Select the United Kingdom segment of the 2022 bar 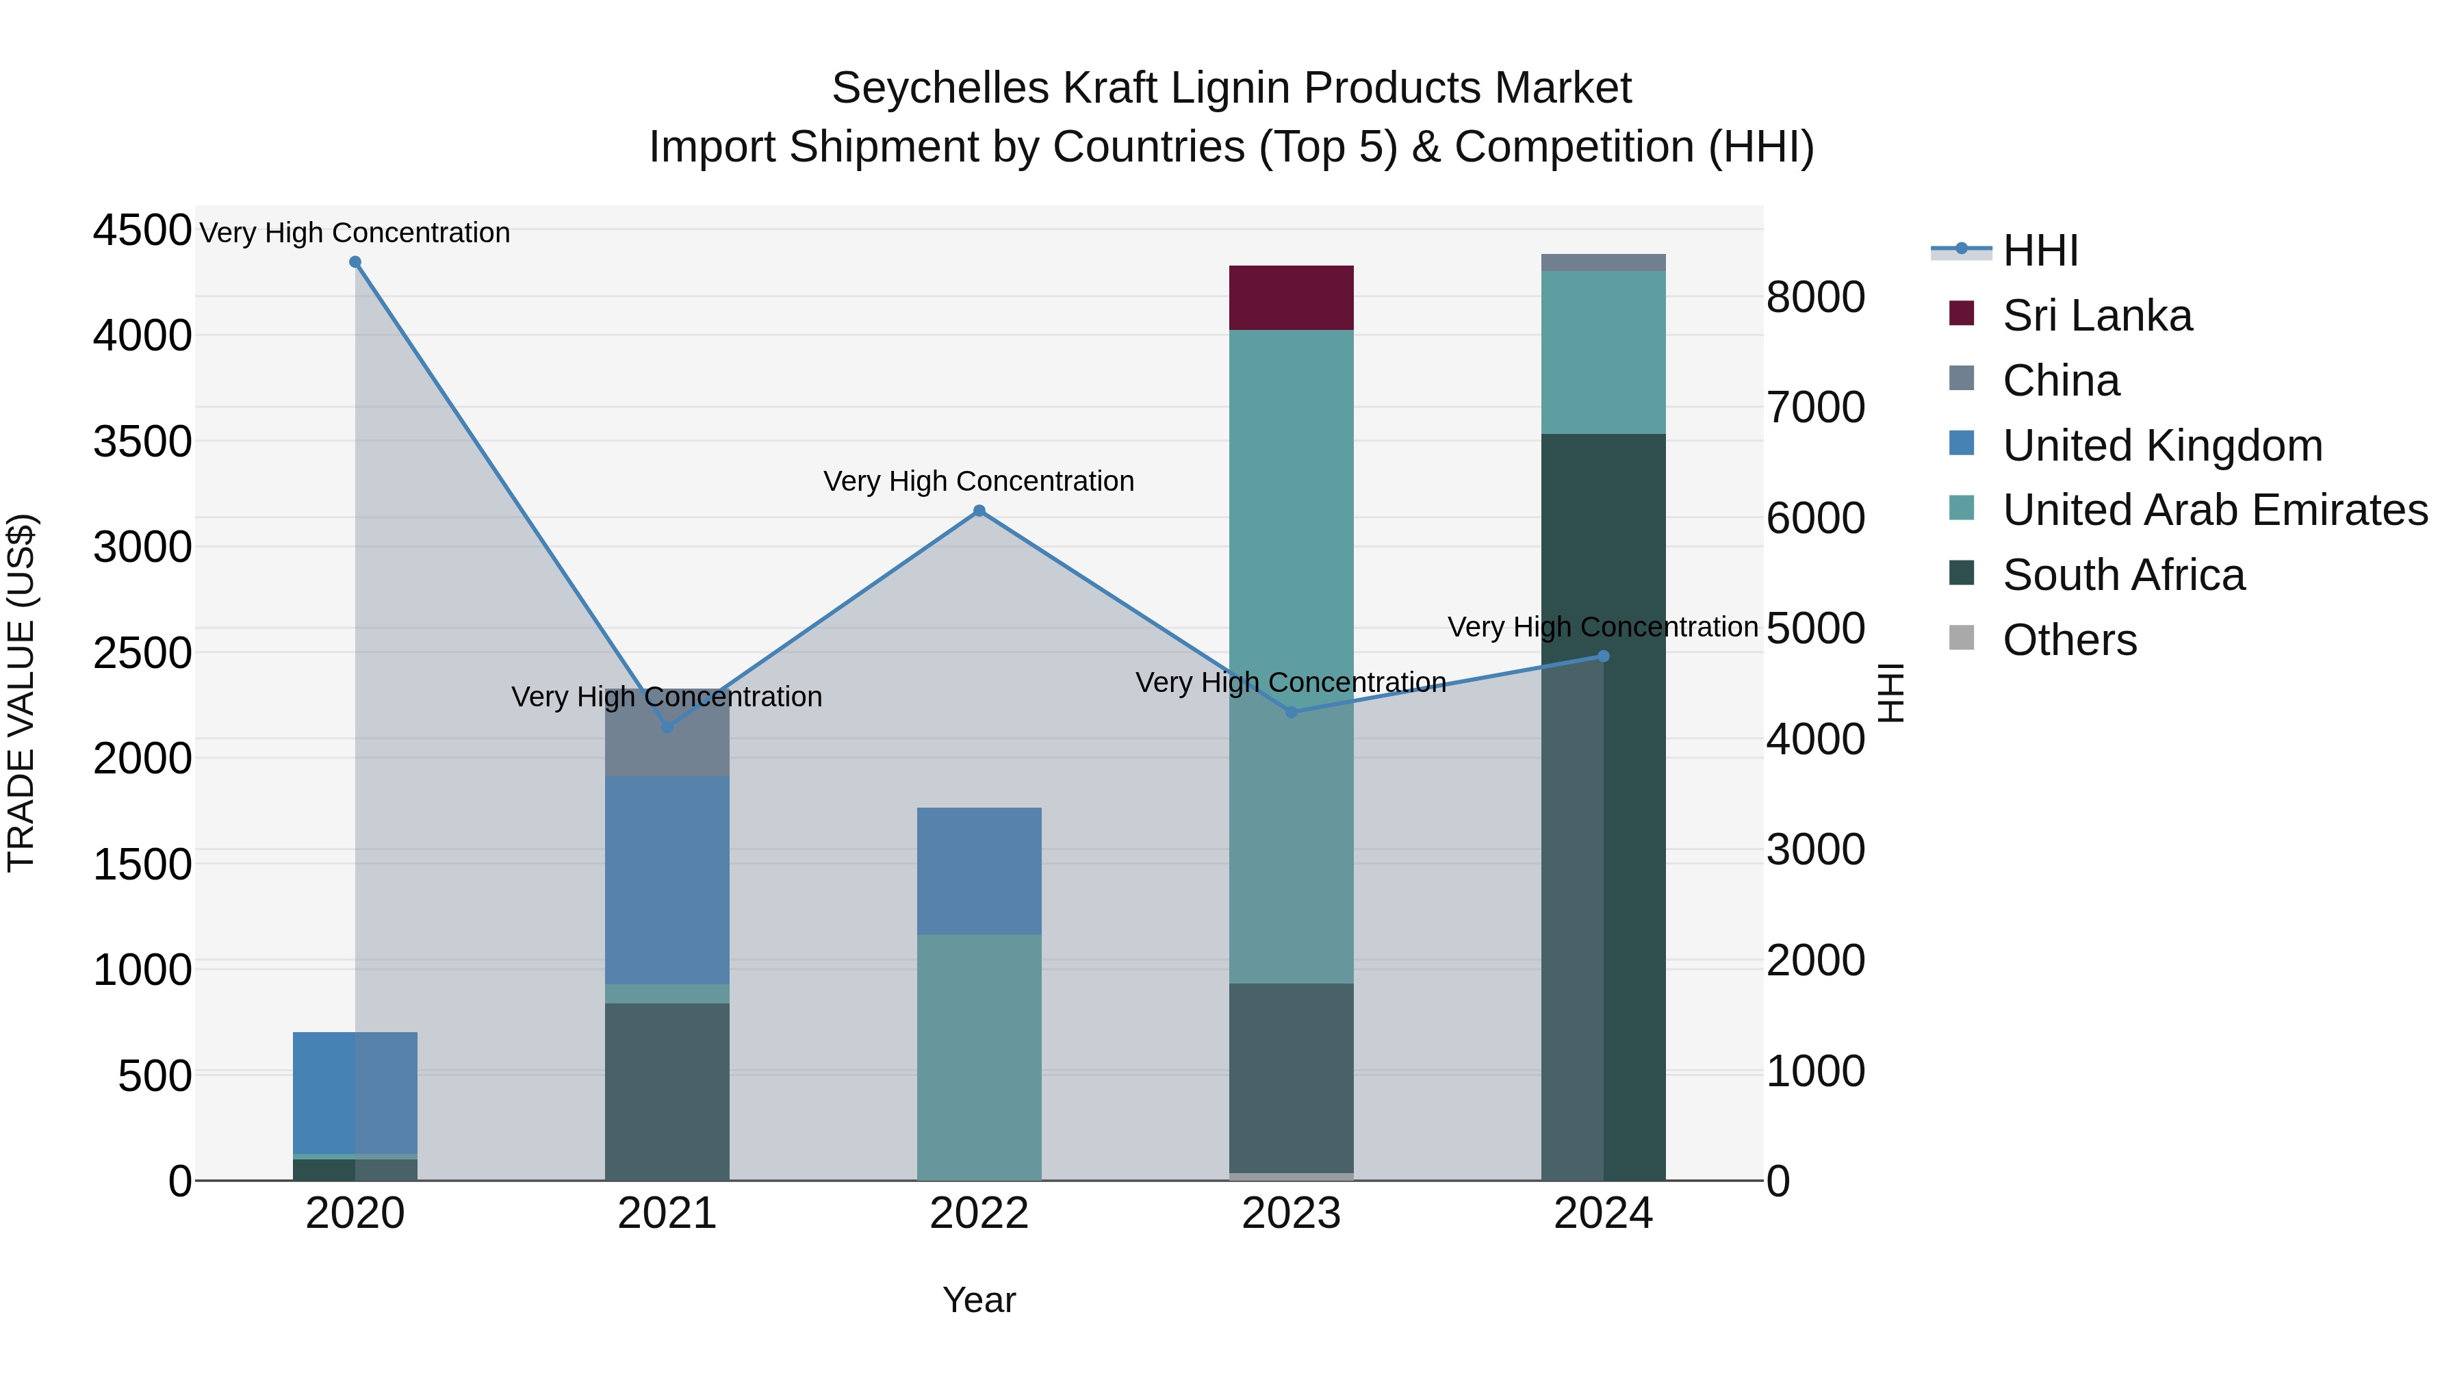[x=979, y=871]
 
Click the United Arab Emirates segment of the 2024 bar [x=1603, y=352]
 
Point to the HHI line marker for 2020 [x=355, y=262]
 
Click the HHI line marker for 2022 [x=979, y=511]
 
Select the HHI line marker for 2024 [x=1603, y=656]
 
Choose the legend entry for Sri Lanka [x=2096, y=316]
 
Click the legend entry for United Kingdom [x=2161, y=446]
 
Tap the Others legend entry [x=2069, y=640]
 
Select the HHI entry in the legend [x=2040, y=251]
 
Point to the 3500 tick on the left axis [x=142, y=442]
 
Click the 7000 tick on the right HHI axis [x=1814, y=407]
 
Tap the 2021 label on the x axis [x=667, y=1214]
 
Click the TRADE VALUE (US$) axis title [x=21, y=693]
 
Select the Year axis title [x=979, y=1300]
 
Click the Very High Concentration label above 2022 [x=979, y=481]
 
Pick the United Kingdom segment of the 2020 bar [x=355, y=1092]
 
